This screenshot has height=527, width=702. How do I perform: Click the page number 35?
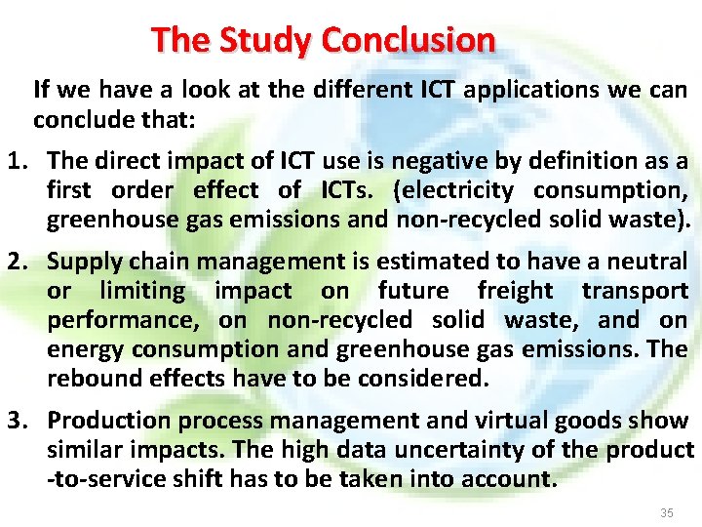pos(667,512)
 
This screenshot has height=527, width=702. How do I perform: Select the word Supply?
pos(82,262)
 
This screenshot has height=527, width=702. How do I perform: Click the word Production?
pos(107,421)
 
